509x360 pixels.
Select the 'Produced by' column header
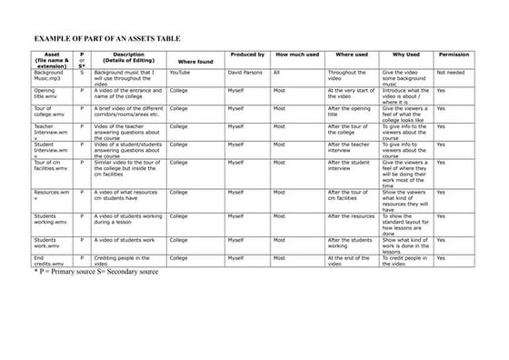pos(246,55)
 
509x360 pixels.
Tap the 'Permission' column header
pos(454,55)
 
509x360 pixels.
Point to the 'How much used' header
pos(296,55)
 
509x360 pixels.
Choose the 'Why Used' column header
pos(405,55)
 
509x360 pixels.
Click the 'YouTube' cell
pos(179,72)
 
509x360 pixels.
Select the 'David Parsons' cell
pos(245,72)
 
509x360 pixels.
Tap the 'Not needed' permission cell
pos(451,72)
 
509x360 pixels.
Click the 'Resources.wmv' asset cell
pos(51,196)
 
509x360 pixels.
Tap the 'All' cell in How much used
pos(276,72)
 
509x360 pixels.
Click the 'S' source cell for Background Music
pos(82,72)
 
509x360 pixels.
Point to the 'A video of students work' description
pos(127,241)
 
